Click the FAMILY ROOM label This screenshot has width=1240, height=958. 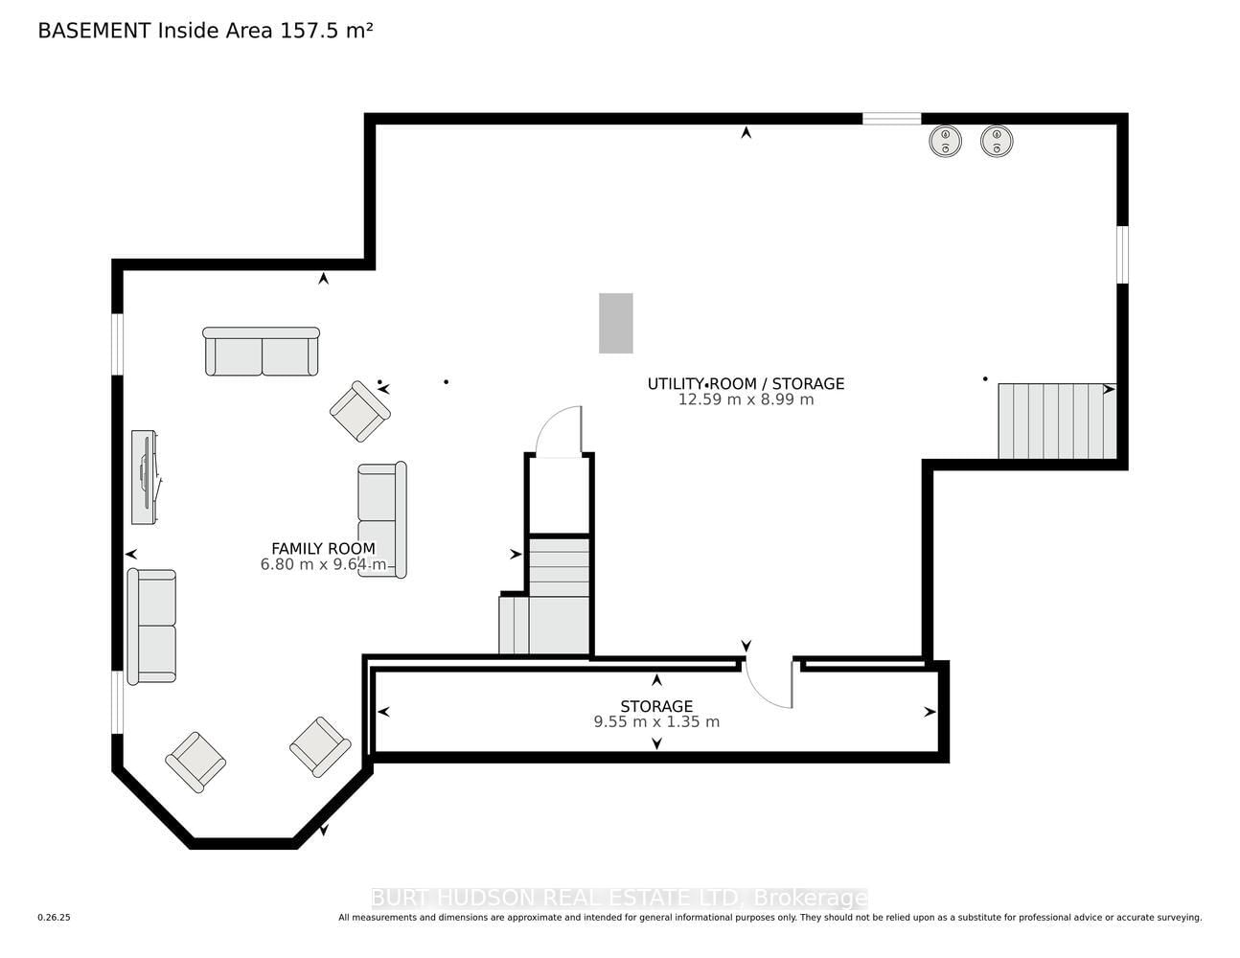click(323, 548)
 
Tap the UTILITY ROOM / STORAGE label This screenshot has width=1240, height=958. click(746, 384)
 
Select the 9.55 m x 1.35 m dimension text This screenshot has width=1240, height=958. click(656, 722)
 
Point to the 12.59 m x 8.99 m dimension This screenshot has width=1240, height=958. click(746, 399)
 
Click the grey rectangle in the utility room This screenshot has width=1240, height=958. click(616, 324)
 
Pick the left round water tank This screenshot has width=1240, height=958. click(945, 141)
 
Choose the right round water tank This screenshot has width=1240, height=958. click(997, 141)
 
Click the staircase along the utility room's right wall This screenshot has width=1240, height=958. click(1057, 421)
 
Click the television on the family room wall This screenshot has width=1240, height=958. click(145, 477)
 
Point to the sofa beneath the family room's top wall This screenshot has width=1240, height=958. click(262, 352)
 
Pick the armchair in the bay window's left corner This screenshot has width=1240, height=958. click(195, 762)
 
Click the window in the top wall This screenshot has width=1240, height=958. click(891, 119)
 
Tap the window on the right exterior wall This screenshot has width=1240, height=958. click(1122, 254)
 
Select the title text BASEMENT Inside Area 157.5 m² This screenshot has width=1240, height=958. click(205, 31)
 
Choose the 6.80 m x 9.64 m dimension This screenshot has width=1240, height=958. click(323, 564)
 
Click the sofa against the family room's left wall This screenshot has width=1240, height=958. click(151, 627)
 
